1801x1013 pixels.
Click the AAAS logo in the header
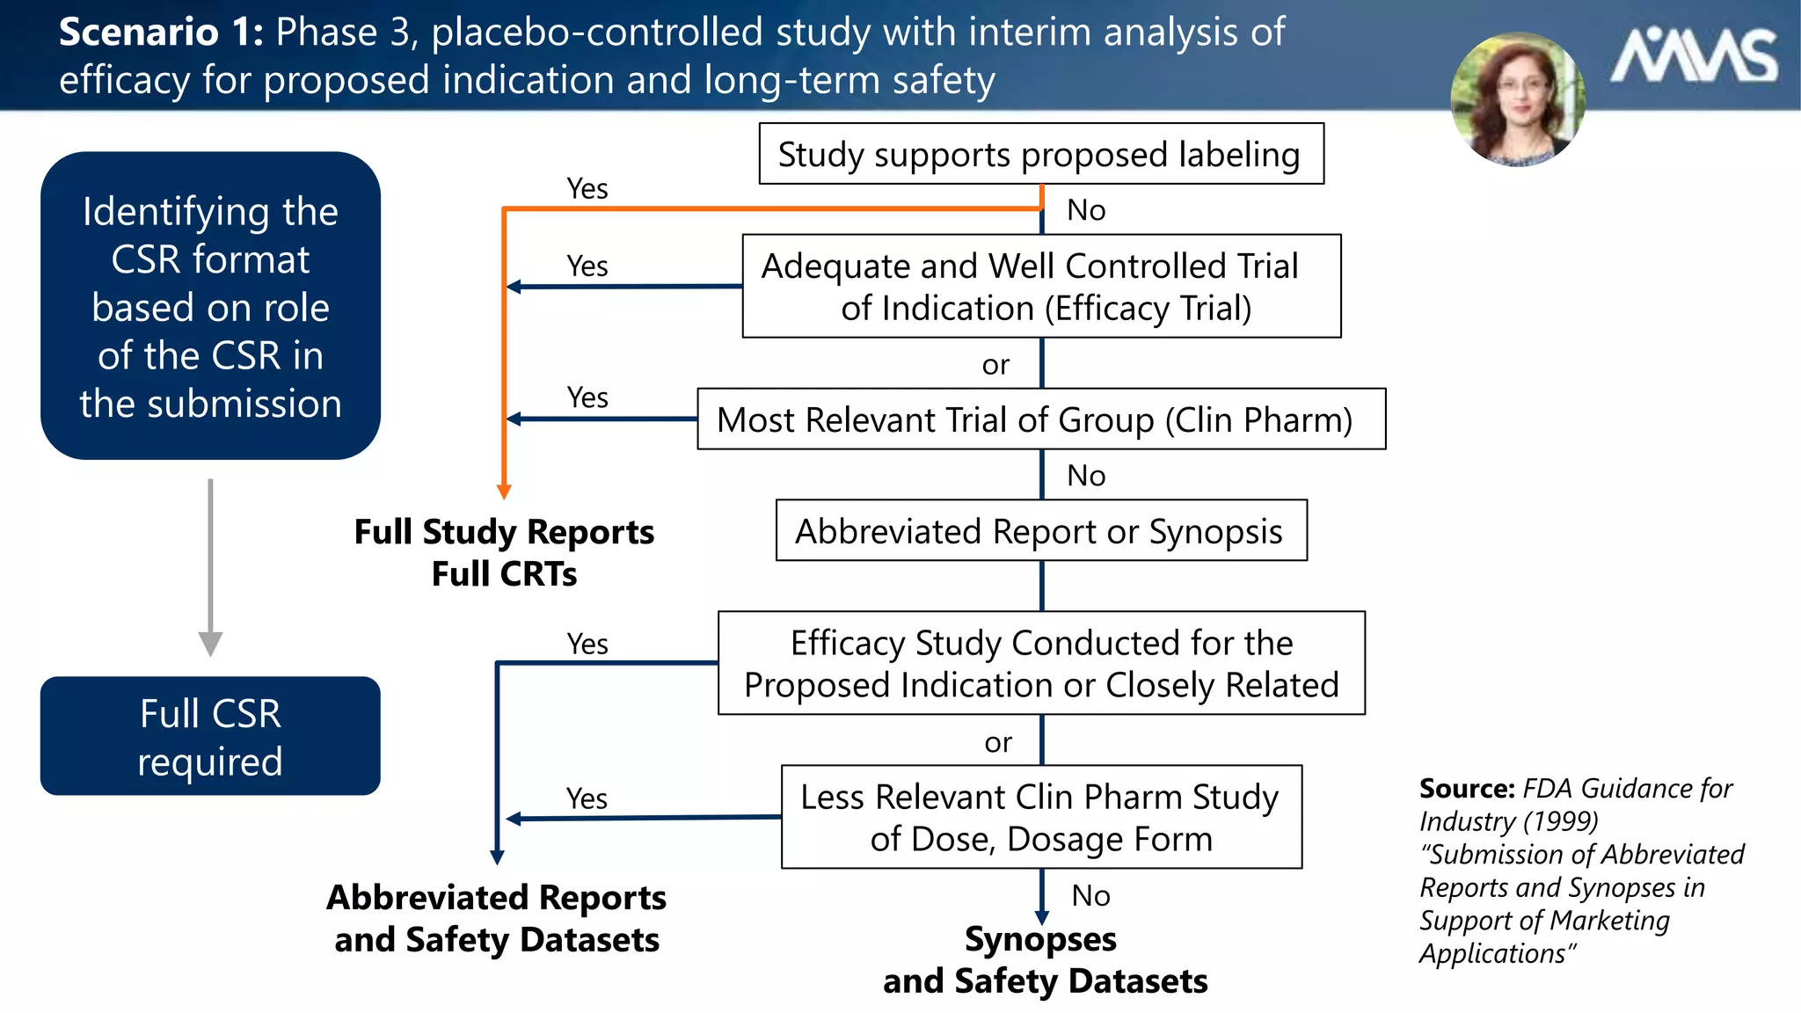(x=1694, y=57)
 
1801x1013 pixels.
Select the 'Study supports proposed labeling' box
(x=1041, y=154)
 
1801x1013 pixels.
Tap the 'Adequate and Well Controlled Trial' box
(x=1041, y=286)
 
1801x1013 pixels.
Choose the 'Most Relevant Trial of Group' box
(x=1041, y=419)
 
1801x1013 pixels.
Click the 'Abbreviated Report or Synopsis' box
(x=1041, y=531)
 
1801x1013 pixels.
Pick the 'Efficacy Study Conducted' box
(x=1041, y=663)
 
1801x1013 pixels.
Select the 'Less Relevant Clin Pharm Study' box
(x=1041, y=817)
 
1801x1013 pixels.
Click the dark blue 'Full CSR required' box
(x=210, y=736)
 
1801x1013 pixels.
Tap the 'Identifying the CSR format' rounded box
(x=210, y=306)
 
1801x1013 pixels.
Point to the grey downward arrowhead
(x=210, y=644)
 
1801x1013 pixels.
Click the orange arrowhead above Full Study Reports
(x=504, y=491)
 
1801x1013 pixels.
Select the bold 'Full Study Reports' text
(x=504, y=532)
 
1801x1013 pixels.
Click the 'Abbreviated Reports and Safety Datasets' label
(x=497, y=918)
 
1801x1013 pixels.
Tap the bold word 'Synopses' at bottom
(x=1040, y=939)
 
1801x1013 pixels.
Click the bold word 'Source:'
(x=1466, y=788)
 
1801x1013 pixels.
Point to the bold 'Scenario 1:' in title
(x=161, y=33)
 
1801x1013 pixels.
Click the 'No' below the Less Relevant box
(x=1090, y=895)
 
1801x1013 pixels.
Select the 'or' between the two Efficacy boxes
(x=998, y=742)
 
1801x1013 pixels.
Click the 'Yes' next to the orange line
(x=587, y=188)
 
